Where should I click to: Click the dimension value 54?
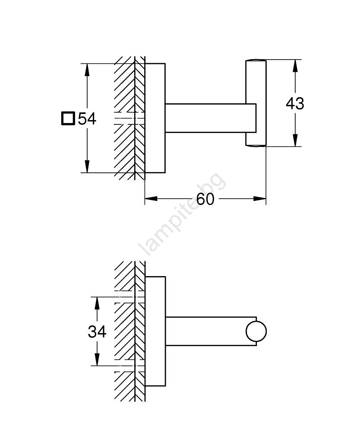pyautogui.click(x=87, y=118)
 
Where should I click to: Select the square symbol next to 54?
pyautogui.click(x=68, y=118)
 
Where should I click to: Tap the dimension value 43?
pyautogui.click(x=295, y=104)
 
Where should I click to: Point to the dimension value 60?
pyautogui.click(x=205, y=199)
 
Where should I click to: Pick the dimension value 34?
pyautogui.click(x=97, y=332)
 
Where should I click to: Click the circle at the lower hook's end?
pyautogui.click(x=256, y=331)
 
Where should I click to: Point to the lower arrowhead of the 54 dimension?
pyautogui.click(x=87, y=167)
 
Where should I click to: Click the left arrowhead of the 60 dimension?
pyautogui.click(x=151, y=199)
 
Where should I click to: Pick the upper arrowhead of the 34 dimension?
pyautogui.click(x=97, y=303)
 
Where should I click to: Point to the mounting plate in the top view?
pyautogui.click(x=155, y=118)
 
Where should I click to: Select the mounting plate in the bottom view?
pyautogui.click(x=155, y=331)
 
